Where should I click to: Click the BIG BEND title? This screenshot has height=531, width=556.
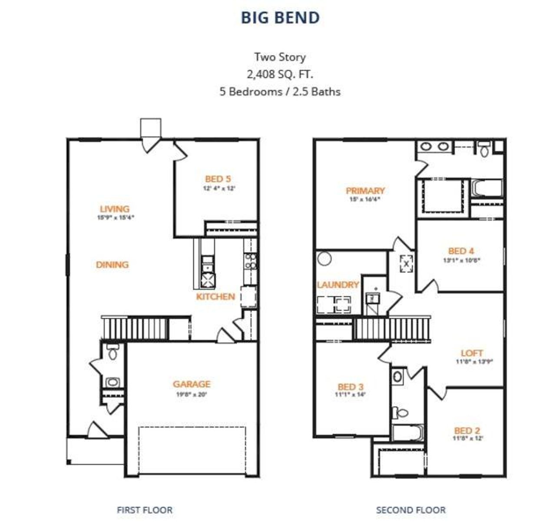pos(280,18)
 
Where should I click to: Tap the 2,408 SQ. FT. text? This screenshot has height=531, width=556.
pos(280,74)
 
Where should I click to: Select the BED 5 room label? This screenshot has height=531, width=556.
pos(218,179)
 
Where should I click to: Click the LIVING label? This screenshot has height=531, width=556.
pos(115,209)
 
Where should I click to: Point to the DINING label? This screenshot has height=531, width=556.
pos(112,265)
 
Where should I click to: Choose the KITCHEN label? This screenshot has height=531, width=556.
pos(215,297)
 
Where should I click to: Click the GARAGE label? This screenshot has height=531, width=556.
pos(192,384)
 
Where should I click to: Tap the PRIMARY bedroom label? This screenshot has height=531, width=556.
pos(365,191)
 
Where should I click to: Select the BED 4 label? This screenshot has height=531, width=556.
pos(461,251)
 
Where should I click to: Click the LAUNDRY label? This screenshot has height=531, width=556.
pos(338,285)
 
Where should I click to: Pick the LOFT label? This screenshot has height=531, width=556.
pos(472,353)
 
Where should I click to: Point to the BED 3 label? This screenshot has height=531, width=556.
pos(351,387)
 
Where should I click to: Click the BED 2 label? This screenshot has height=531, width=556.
pos(467,431)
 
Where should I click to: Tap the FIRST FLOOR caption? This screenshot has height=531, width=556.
pos(144,510)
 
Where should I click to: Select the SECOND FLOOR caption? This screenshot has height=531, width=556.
pos(410,510)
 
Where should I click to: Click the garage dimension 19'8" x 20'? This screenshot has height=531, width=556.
pos(192,395)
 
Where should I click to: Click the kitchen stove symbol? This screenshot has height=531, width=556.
pos(208,280)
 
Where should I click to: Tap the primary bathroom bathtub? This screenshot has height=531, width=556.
pos(487,189)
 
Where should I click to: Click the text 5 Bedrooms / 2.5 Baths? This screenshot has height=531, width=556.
pos(280,92)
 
